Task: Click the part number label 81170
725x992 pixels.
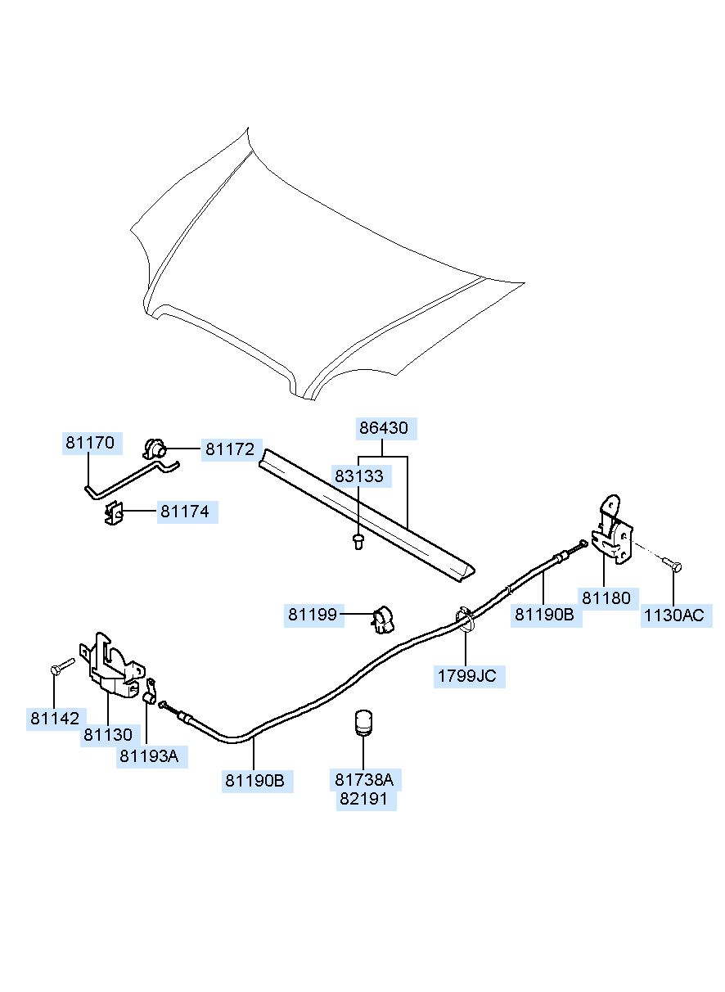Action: [90, 443]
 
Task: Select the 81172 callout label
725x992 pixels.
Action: [230, 449]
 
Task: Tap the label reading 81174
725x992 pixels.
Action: [185, 512]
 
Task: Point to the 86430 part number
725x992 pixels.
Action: [384, 428]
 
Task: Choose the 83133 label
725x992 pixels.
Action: [358, 476]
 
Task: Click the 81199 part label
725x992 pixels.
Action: [313, 615]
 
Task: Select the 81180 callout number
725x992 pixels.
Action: [606, 598]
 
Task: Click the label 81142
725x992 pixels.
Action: [55, 719]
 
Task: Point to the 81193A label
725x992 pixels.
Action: [149, 756]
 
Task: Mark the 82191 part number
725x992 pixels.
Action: [363, 799]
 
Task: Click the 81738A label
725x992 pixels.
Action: [364, 780]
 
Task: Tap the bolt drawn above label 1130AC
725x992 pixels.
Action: [673, 564]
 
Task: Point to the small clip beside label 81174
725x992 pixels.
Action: [114, 512]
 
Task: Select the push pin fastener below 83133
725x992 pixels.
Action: [358, 541]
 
